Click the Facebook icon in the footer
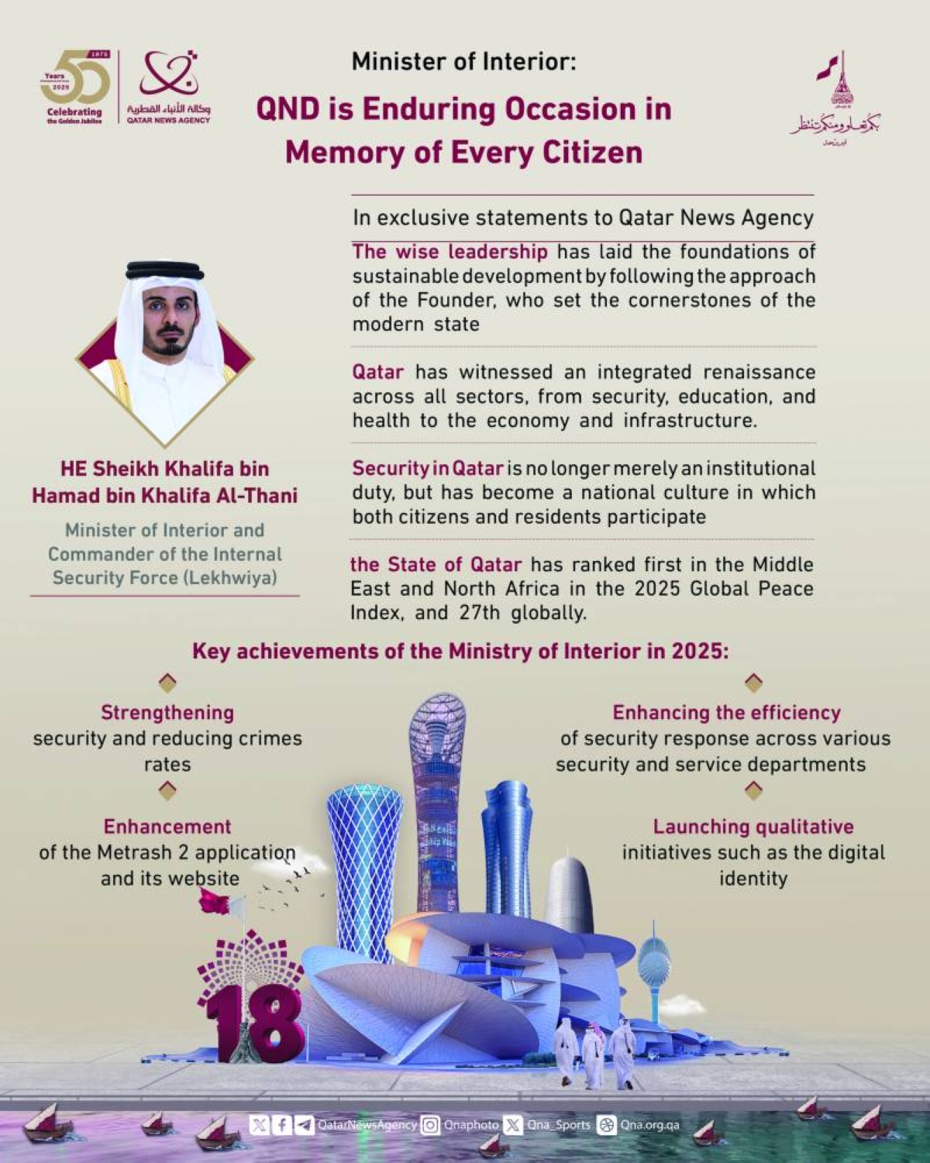click(x=281, y=1124)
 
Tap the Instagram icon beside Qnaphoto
click(x=430, y=1124)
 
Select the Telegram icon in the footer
click(x=305, y=1124)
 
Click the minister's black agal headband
click(x=164, y=272)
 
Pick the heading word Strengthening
click(x=167, y=713)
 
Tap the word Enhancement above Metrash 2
click(x=167, y=827)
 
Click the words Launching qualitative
click(x=753, y=827)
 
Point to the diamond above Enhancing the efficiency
click(x=753, y=683)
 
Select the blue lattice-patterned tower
click(x=363, y=852)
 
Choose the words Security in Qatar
click(x=428, y=469)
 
